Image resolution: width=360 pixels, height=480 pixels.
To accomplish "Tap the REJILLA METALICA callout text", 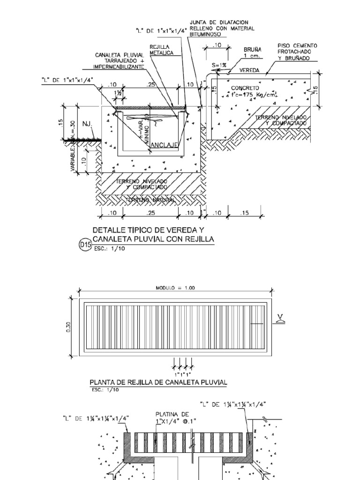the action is coord(161,50).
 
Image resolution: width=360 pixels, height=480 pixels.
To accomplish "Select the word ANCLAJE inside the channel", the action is coord(164,145).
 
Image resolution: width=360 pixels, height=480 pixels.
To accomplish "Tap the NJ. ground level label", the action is coord(88,124).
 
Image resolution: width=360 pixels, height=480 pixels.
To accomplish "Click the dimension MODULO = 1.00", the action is coord(175,288).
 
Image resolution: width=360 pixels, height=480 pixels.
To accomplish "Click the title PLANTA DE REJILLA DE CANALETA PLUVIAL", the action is coord(158,382).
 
